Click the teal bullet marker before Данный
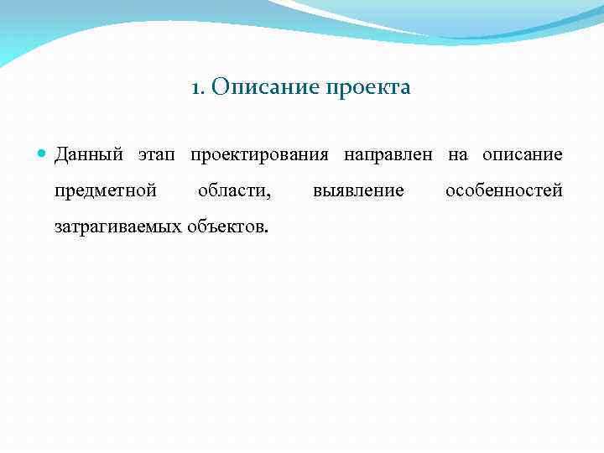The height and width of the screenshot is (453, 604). (x=44, y=154)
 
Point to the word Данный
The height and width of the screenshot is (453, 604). (x=89, y=155)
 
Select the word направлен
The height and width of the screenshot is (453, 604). (x=388, y=156)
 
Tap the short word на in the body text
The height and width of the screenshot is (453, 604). (x=458, y=156)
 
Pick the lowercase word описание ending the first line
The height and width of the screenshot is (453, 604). (x=523, y=156)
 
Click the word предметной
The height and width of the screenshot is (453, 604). (x=106, y=190)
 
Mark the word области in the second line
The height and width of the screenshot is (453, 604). (x=232, y=190)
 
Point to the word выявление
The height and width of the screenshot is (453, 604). (x=358, y=190)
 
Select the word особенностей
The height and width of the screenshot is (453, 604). (x=503, y=190)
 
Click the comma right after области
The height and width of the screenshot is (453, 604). (x=269, y=195)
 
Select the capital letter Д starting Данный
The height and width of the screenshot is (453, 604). (x=60, y=155)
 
